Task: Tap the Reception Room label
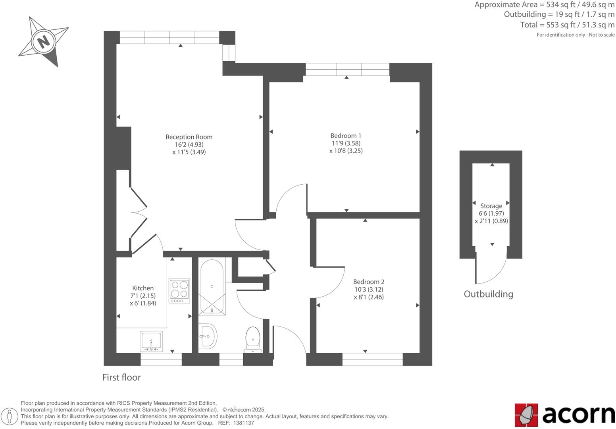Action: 189,137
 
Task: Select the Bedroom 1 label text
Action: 346,136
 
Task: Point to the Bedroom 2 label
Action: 369,282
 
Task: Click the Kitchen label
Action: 143,288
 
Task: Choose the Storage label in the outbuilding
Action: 491,206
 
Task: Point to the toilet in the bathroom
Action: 252,339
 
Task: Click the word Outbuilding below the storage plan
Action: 488,294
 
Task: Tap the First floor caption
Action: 121,377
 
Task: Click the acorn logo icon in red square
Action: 526,415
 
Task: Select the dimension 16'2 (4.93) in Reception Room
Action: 189,145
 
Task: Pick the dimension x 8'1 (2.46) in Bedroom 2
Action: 369,297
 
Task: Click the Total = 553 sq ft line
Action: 567,25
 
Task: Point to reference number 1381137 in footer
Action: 244,423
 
